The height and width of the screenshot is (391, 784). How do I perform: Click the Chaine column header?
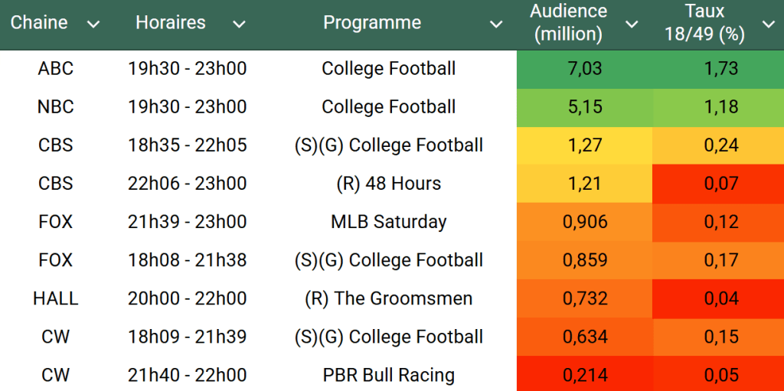pos(39,23)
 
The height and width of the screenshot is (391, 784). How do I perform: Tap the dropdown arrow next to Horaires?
pos(239,24)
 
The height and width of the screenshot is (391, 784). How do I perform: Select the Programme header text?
pos(372,23)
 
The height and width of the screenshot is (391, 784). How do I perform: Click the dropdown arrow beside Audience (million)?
pos(632,24)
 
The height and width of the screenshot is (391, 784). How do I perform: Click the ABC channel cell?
pos(56,69)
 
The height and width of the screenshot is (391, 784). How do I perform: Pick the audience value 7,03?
pos(586,69)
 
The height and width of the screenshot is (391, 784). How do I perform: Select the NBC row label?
pos(56,107)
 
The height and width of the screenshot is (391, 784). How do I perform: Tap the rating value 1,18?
pos(721,107)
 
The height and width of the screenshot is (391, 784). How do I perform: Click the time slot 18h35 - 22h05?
pos(188,145)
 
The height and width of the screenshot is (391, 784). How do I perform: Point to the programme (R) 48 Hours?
pos(389,184)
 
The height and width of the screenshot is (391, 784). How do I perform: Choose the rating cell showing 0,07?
pos(721,184)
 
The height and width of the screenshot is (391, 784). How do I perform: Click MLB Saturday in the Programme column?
pos(389,222)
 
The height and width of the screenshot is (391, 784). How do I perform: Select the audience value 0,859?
pos(586,260)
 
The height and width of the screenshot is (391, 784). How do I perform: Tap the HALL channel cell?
pos(56,298)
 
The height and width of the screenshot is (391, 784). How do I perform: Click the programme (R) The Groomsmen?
pos(389,298)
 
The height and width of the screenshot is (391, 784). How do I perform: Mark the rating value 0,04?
pos(721,298)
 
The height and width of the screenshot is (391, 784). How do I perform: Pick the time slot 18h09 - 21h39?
pos(188,337)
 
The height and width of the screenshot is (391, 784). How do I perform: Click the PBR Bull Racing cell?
pos(389,375)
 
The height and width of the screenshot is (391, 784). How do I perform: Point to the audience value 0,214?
pos(586,375)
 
